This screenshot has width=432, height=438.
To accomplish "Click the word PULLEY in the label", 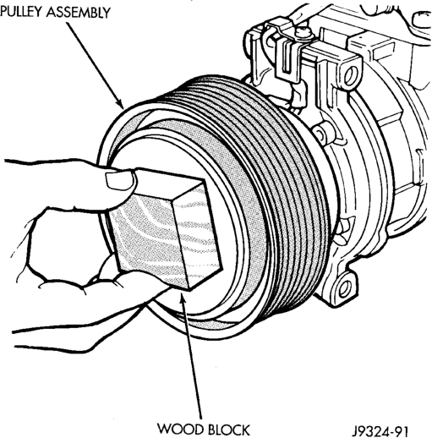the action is pos(21,12).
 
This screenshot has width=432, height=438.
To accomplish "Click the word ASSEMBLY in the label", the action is pos(79,12).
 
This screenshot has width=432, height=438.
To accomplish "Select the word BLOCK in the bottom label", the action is pos(229,430).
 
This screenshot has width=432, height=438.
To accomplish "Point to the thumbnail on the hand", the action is pos(120,180).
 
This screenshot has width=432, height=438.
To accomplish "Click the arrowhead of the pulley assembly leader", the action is pos(120,103).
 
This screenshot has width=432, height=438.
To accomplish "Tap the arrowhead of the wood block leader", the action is pos(182,296).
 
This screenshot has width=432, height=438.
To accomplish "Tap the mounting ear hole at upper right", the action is pos(350,74).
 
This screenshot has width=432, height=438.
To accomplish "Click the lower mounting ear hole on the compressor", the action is pos(346,288).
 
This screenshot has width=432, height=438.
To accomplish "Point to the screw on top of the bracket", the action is pos(303,32).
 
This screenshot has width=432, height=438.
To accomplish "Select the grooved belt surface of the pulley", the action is pos(271,180).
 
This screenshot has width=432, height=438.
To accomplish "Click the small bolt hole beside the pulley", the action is pos(320,133).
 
